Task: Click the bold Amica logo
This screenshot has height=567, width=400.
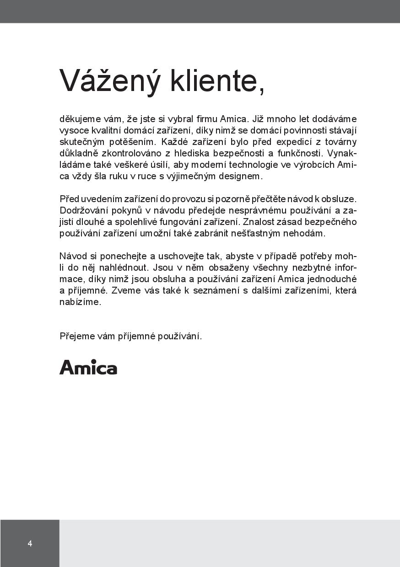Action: [88, 367]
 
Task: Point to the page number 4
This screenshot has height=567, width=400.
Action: [30, 544]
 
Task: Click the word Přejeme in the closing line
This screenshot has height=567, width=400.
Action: [76, 336]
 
